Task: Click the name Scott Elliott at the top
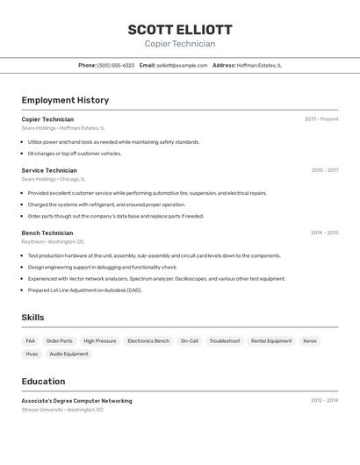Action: click(x=180, y=30)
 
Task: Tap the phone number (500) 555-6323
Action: click(x=116, y=65)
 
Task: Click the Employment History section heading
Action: click(x=65, y=100)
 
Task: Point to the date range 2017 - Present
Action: click(x=321, y=119)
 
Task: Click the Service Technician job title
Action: click(x=49, y=170)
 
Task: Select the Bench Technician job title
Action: click(x=47, y=233)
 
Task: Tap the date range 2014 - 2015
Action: click(x=324, y=233)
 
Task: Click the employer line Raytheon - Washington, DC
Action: click(x=53, y=241)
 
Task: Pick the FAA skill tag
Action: click(x=31, y=340)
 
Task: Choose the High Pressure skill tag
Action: click(x=100, y=340)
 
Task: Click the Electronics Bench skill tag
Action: click(x=148, y=340)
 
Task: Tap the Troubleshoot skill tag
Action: click(x=225, y=340)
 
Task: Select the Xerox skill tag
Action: click(x=310, y=340)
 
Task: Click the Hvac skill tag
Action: click(x=32, y=354)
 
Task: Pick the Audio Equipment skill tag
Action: click(x=68, y=354)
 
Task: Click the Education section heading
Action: click(x=43, y=382)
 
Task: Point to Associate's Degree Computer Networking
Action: click(x=77, y=401)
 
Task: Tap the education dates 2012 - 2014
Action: click(x=324, y=401)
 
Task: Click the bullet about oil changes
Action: click(x=74, y=154)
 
